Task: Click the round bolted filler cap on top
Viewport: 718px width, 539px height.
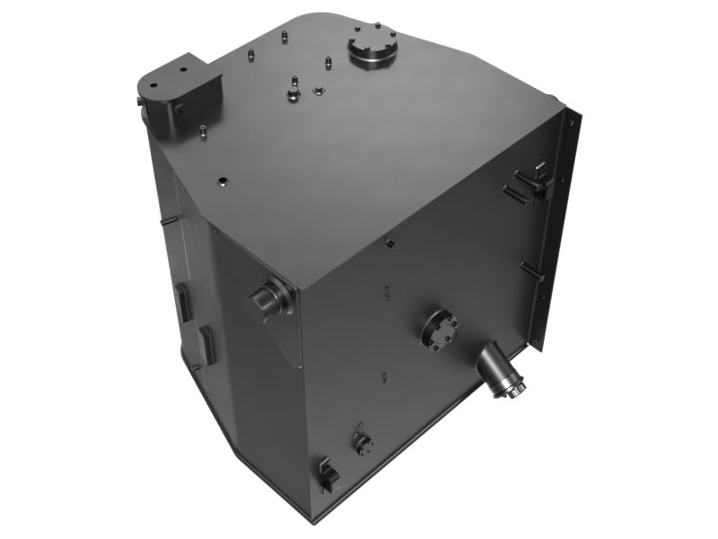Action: [370, 51]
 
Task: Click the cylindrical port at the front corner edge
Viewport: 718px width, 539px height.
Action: [270, 297]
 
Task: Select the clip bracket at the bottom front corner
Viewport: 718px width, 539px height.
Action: [325, 473]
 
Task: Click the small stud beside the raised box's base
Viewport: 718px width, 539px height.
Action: [205, 131]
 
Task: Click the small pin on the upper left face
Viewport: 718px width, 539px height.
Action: [168, 220]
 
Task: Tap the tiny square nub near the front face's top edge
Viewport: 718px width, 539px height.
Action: [390, 243]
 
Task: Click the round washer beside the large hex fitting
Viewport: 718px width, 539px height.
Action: [318, 90]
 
